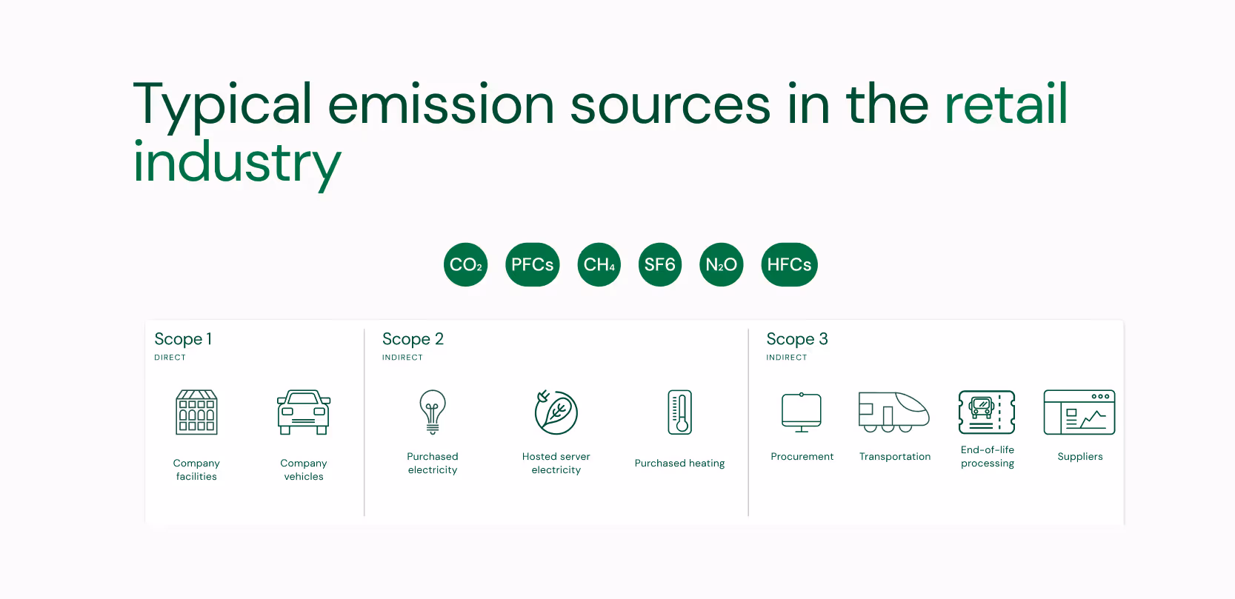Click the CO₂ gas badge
pyautogui.click(x=465, y=264)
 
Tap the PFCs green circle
pyautogui.click(x=532, y=264)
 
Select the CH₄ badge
pyautogui.click(x=599, y=264)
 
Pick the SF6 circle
pyautogui.click(x=659, y=264)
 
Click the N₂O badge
pyautogui.click(x=721, y=264)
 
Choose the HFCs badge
pyautogui.click(x=789, y=264)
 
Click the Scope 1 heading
pyautogui.click(x=183, y=339)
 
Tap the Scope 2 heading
pyautogui.click(x=413, y=339)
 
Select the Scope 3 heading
pyautogui.click(x=796, y=339)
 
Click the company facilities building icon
pyautogui.click(x=196, y=412)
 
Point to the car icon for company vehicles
pyautogui.click(x=304, y=412)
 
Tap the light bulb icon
pyautogui.click(x=433, y=411)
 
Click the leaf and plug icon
pyautogui.click(x=556, y=412)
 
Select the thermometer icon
pyautogui.click(x=679, y=412)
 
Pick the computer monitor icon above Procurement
pyautogui.click(x=802, y=412)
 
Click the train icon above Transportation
pyautogui.click(x=894, y=412)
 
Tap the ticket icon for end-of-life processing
pyautogui.click(x=987, y=412)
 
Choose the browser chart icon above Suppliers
pyautogui.click(x=1079, y=412)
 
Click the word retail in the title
pyautogui.click(x=1005, y=104)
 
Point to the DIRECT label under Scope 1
pyautogui.click(x=170, y=358)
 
